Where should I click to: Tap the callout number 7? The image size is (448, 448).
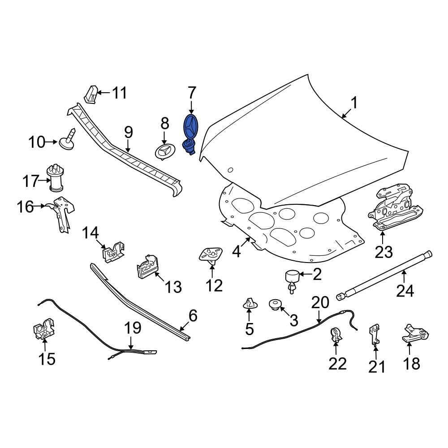[x=191, y=93]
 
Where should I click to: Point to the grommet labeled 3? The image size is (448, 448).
[x=274, y=305]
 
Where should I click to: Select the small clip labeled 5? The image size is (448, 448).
[x=249, y=304]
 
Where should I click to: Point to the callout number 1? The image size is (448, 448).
[x=354, y=103]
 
